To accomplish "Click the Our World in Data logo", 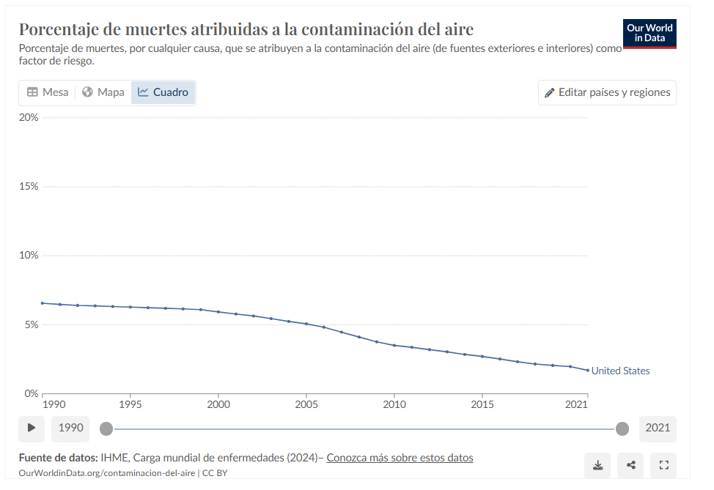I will click(649, 33).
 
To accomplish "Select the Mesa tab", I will click(48, 92).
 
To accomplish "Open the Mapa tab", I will click(103, 92).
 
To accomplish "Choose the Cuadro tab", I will click(163, 92).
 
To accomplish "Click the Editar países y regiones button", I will click(607, 92).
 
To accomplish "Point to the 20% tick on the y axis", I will click(29, 117).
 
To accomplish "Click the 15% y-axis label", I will click(29, 186).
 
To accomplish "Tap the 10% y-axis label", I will click(29, 255).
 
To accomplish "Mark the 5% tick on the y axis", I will click(32, 324).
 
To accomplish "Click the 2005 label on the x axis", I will click(306, 404).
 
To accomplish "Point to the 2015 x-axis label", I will click(482, 404).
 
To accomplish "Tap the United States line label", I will click(620, 371).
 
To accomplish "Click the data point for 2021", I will click(587, 370).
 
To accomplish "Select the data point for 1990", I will click(43, 303).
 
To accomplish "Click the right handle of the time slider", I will click(622, 428).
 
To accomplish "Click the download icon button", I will click(597, 465).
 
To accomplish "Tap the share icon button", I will click(630, 465).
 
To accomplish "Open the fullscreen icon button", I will click(663, 465).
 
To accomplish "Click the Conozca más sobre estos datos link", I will click(400, 458).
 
